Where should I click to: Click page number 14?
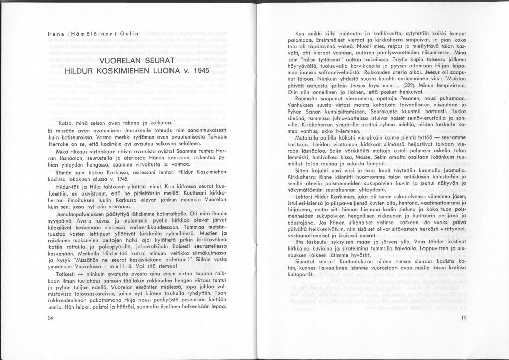coord(50,318)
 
